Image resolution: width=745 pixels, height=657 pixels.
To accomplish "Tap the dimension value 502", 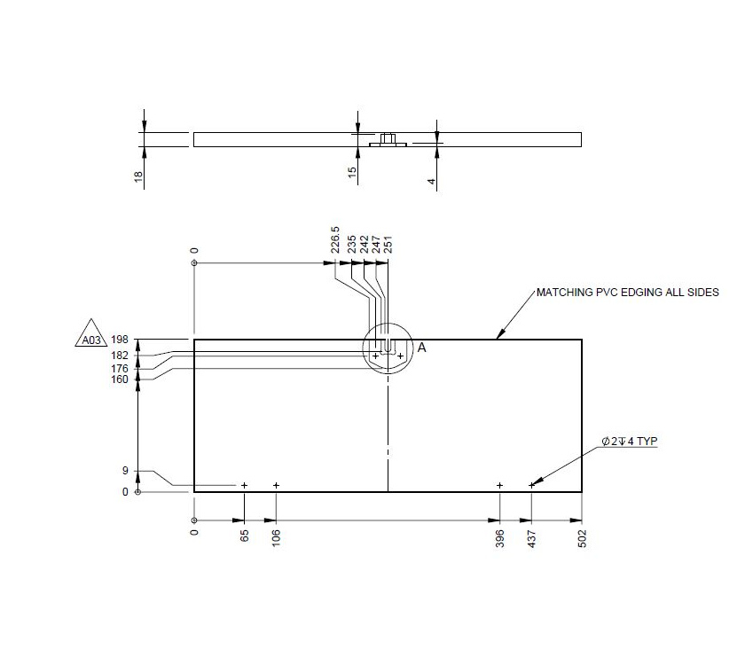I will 582,539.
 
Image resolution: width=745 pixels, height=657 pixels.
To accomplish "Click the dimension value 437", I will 532,539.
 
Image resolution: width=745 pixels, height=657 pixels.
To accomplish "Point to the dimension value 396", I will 500,539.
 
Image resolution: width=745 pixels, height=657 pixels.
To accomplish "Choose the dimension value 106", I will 277,539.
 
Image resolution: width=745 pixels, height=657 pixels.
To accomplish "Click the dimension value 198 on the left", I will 121,340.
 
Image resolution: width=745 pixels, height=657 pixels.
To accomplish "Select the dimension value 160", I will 120,379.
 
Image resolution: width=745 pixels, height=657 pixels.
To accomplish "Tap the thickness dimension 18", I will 139,177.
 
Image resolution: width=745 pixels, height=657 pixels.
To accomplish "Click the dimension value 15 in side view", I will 353,173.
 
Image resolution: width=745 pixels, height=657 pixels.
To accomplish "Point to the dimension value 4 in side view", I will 432,181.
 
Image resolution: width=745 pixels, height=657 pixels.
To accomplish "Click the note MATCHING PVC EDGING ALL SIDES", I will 627,292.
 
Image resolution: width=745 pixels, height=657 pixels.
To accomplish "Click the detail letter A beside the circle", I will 422,348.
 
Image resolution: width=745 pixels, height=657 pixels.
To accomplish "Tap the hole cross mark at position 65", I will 244,485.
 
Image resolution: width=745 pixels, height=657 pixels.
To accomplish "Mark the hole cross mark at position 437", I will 531,485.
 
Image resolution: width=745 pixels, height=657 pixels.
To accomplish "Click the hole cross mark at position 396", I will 500,485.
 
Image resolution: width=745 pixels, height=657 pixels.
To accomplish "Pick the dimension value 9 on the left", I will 125,471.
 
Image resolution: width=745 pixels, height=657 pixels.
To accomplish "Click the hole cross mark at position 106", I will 277,485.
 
